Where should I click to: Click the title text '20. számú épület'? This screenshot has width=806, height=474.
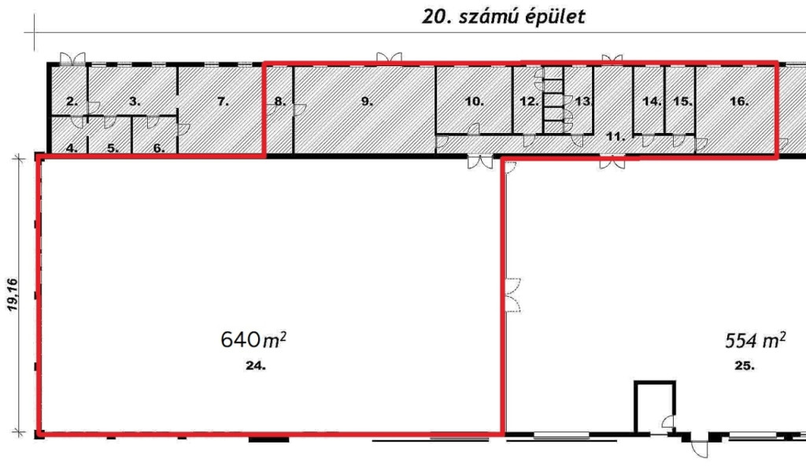[x=503, y=17]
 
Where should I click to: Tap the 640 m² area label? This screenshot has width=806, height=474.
[x=253, y=339]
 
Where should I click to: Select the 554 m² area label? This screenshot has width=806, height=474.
[x=755, y=340]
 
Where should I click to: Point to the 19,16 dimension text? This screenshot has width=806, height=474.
[x=13, y=294]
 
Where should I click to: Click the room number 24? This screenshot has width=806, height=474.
[x=256, y=365]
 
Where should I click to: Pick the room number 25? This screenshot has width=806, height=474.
[x=745, y=365]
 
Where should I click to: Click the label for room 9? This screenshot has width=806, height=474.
[x=367, y=102]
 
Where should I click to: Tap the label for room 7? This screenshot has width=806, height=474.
[x=223, y=102]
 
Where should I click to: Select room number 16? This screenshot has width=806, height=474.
[x=739, y=102]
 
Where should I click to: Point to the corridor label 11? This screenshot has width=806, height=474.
[x=616, y=137]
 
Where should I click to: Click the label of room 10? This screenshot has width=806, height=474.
[x=474, y=102]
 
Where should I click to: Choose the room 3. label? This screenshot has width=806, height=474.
[x=135, y=102]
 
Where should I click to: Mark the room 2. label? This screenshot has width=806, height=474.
[x=72, y=102]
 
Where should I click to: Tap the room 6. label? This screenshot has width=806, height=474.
[x=159, y=148]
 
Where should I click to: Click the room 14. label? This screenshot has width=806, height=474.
[x=652, y=102]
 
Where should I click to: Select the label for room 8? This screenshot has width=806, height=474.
[x=279, y=102]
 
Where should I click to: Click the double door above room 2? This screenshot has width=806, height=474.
[x=72, y=58]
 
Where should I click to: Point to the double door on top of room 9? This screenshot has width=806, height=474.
[x=389, y=58]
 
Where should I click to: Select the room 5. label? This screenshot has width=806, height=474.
[x=113, y=148]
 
